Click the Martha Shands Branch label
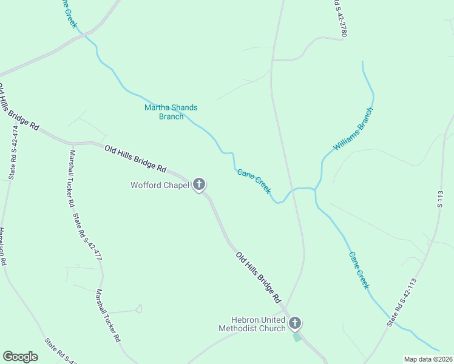point(171,112)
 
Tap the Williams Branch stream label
point(353,129)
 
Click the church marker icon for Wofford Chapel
point(198,184)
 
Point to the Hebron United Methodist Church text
point(257,324)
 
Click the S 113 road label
point(441,198)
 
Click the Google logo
point(20,357)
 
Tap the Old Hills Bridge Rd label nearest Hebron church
point(259,277)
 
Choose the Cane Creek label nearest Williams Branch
point(254,181)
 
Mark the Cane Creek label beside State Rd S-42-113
point(359,270)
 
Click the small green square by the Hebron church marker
point(297,337)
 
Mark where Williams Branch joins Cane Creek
point(314,189)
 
